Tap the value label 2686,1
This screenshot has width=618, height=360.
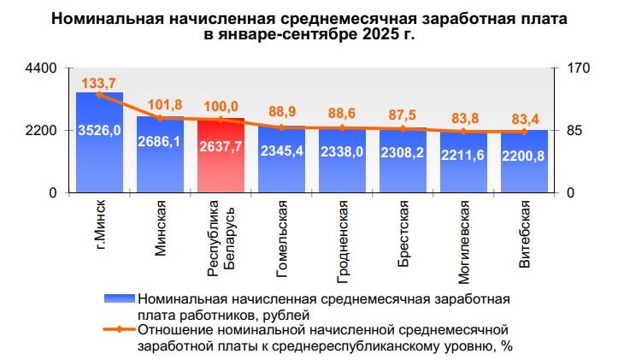click(x=160, y=142)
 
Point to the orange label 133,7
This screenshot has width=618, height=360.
click(x=98, y=82)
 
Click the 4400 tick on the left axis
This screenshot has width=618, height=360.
click(x=40, y=68)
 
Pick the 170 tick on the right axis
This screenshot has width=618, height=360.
click(x=568, y=68)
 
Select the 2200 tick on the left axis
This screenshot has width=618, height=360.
click(x=40, y=131)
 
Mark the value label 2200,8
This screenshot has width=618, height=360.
click(x=524, y=156)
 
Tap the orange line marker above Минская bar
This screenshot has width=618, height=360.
click(x=160, y=118)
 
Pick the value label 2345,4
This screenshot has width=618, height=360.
click(x=281, y=152)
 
